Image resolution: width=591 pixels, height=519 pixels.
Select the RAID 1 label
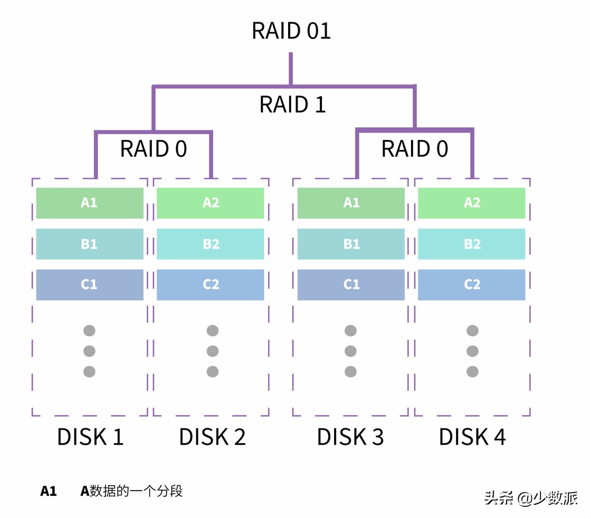click(x=292, y=105)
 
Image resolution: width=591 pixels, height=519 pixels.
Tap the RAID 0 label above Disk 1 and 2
click(x=154, y=149)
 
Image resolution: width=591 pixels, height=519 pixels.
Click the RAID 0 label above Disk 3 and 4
click(x=414, y=149)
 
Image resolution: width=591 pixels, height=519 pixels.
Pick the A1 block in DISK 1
click(x=90, y=203)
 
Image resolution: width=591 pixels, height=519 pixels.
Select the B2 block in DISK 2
click(x=211, y=244)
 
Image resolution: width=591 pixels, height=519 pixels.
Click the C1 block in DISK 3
click(x=351, y=285)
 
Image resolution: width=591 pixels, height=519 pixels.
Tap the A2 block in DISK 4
click(x=472, y=203)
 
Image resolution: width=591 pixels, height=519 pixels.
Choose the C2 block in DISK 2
click(x=211, y=285)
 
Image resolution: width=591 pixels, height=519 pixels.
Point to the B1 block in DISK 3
click(x=351, y=244)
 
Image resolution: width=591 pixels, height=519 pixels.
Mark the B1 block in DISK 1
click(x=90, y=244)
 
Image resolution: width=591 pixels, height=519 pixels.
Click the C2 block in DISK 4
click(x=472, y=285)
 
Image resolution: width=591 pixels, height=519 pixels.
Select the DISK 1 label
click(x=90, y=437)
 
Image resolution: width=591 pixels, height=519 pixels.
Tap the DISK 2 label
click(x=212, y=437)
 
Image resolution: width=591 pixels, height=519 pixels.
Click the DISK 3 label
click(x=350, y=437)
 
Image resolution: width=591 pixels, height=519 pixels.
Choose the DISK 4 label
click(x=472, y=437)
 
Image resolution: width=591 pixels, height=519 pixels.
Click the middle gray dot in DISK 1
click(x=90, y=351)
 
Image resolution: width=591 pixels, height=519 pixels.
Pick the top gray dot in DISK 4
click(x=472, y=331)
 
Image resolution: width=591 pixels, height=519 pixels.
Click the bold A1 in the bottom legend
click(x=49, y=492)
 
